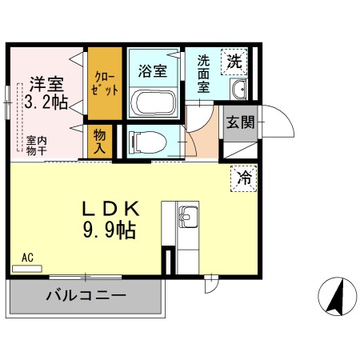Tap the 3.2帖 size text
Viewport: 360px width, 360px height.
[x=46, y=102]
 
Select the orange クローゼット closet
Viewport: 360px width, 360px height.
[x=105, y=84]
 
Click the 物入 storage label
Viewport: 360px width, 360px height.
[x=100, y=142]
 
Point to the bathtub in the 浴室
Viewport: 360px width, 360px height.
[x=153, y=103]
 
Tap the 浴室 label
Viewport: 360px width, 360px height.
[x=153, y=70]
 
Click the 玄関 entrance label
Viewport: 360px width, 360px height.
[x=238, y=123]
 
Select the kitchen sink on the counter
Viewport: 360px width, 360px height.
[x=188, y=217]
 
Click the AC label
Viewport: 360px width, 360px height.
[x=27, y=258]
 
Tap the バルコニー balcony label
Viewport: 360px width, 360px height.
[x=86, y=296]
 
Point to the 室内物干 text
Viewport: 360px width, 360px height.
[x=35, y=144]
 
